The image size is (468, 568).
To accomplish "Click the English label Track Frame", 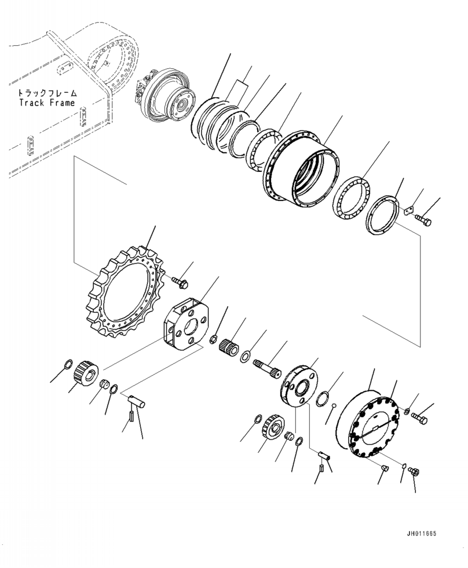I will (46, 103).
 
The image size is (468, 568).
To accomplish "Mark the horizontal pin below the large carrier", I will (138, 399).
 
